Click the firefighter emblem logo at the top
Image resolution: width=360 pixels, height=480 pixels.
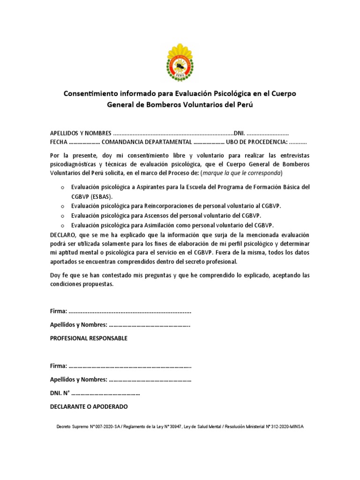(180, 62)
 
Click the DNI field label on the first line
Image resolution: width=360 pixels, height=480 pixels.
(239, 133)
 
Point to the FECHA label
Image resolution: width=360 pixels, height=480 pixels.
(59, 142)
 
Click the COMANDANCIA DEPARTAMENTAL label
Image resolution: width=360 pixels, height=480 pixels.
(147, 142)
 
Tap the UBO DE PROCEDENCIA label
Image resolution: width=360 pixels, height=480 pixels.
(257, 142)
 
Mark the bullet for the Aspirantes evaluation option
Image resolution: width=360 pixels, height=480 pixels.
(62, 187)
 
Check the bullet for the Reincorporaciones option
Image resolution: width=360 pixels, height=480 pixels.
(62, 207)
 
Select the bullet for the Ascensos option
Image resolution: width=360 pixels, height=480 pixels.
(62, 216)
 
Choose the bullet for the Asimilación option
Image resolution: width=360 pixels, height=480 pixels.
(62, 225)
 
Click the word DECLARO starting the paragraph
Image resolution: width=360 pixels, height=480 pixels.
(64, 234)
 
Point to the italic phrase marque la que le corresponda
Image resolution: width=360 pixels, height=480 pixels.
(241, 172)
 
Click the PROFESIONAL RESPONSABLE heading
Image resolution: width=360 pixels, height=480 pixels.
(89, 338)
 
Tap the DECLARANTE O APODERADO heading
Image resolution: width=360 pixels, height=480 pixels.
(89, 406)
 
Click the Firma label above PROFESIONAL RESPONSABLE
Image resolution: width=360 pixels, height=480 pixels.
(59, 311)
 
